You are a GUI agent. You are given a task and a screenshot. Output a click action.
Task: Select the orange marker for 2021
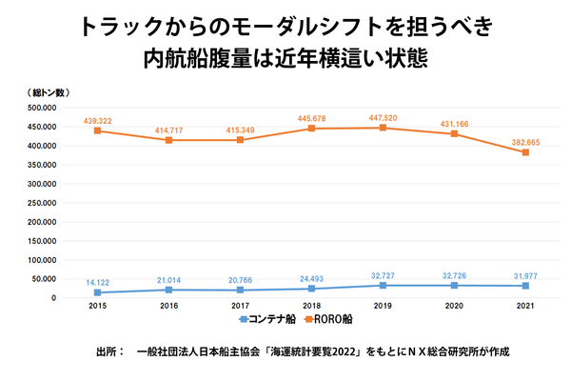[523, 152]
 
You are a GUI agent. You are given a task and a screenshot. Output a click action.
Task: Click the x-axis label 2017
[240, 308]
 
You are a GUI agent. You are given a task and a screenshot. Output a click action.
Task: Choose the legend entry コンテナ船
[270, 319]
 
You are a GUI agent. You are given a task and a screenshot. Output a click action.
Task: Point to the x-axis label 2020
[452, 308]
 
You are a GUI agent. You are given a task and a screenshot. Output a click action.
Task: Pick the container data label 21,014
[169, 278]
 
